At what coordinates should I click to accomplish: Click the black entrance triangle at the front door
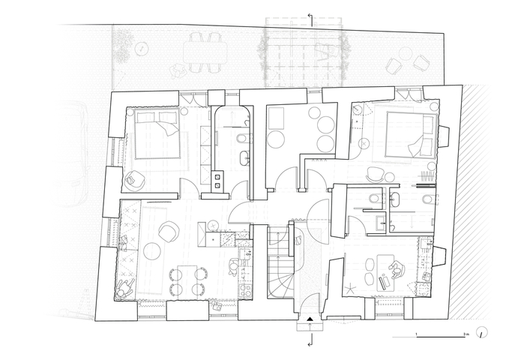click(x=310, y=319)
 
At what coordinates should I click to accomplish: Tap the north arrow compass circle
click(x=482, y=333)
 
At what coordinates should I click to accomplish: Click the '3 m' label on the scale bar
click(x=466, y=334)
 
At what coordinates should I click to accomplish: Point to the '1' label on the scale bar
click(x=417, y=334)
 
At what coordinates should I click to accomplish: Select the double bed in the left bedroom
click(x=157, y=134)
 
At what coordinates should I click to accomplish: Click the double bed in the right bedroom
click(x=410, y=134)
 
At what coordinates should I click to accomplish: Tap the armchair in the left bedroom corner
click(x=133, y=181)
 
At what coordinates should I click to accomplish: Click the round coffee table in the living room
click(x=153, y=251)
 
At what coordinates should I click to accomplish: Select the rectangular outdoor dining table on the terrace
click(x=205, y=52)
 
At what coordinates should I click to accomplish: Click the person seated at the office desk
click(x=397, y=270)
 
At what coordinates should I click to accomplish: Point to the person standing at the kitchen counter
click(x=233, y=267)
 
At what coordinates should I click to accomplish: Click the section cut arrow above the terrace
click(x=311, y=19)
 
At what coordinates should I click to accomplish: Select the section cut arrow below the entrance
click(x=310, y=340)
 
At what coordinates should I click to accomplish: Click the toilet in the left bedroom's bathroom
click(x=244, y=139)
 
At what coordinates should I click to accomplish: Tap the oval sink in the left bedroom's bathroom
click(x=245, y=158)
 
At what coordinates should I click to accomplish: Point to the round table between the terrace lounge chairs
click(x=405, y=53)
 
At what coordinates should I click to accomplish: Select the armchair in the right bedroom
click(x=375, y=175)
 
